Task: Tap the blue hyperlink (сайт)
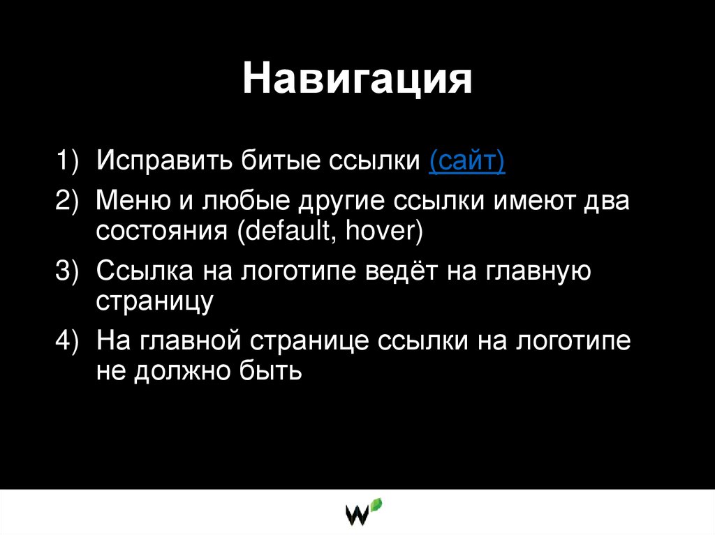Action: (467, 162)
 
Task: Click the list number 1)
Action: (70, 162)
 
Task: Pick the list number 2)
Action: (70, 202)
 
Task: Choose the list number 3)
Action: (70, 271)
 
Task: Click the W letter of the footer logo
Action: (358, 515)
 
